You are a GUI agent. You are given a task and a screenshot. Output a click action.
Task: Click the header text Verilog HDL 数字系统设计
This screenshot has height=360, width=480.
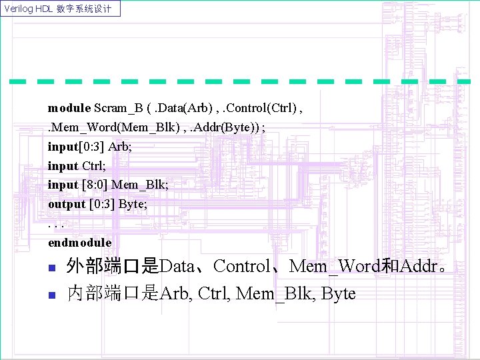coord(61,9)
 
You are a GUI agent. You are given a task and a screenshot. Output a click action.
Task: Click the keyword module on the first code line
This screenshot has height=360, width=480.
coord(69,107)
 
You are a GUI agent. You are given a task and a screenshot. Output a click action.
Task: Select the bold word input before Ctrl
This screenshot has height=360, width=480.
coord(63,165)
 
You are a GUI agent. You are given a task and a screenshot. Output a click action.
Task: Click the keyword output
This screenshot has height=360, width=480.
coord(67,204)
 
